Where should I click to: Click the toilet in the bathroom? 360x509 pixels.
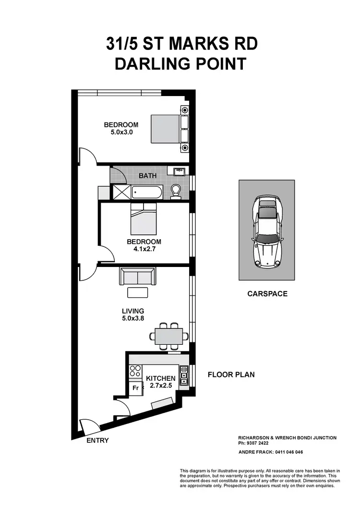tap(176, 192)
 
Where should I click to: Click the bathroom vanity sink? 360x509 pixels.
tap(178, 170)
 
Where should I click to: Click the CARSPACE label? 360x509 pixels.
tap(267, 293)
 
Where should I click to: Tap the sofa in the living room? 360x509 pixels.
tap(137, 277)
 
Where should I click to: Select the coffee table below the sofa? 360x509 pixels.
tap(137, 292)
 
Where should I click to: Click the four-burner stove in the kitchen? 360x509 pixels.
tap(135, 371)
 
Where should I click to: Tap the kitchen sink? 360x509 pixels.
tap(183, 375)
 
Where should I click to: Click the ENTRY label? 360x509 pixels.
tap(97, 440)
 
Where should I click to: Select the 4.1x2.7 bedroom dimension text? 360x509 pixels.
tap(144, 249)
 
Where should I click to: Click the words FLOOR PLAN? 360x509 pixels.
tap(231, 375)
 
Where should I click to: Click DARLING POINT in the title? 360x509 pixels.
tap(180, 64)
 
